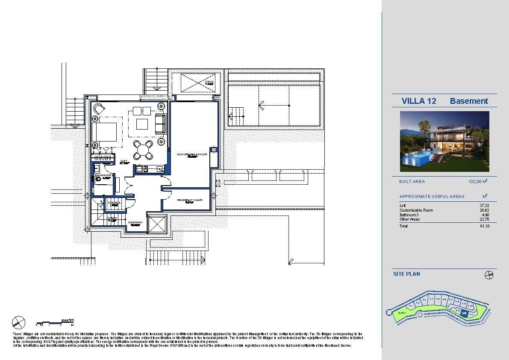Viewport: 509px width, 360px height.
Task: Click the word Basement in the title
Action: [468, 101]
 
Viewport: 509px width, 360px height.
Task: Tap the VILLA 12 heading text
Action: [419, 101]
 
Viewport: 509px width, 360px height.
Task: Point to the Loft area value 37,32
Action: [484, 206]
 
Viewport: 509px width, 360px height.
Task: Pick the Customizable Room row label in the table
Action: [416, 210]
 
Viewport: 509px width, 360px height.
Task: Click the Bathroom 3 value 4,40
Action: [485, 215]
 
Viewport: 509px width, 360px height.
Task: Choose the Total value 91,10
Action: [484, 226]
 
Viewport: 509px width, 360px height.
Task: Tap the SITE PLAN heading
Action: [406, 274]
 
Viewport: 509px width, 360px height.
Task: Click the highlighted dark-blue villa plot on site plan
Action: [464, 313]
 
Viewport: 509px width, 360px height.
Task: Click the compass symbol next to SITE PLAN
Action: [489, 275]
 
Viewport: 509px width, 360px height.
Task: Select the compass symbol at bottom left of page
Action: [18, 322]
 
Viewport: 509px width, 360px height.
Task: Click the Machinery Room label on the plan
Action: [189, 200]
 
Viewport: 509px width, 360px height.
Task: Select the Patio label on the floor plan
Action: [209, 82]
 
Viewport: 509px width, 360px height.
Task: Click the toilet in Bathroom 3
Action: [97, 180]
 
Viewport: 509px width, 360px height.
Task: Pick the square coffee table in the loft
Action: [142, 124]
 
